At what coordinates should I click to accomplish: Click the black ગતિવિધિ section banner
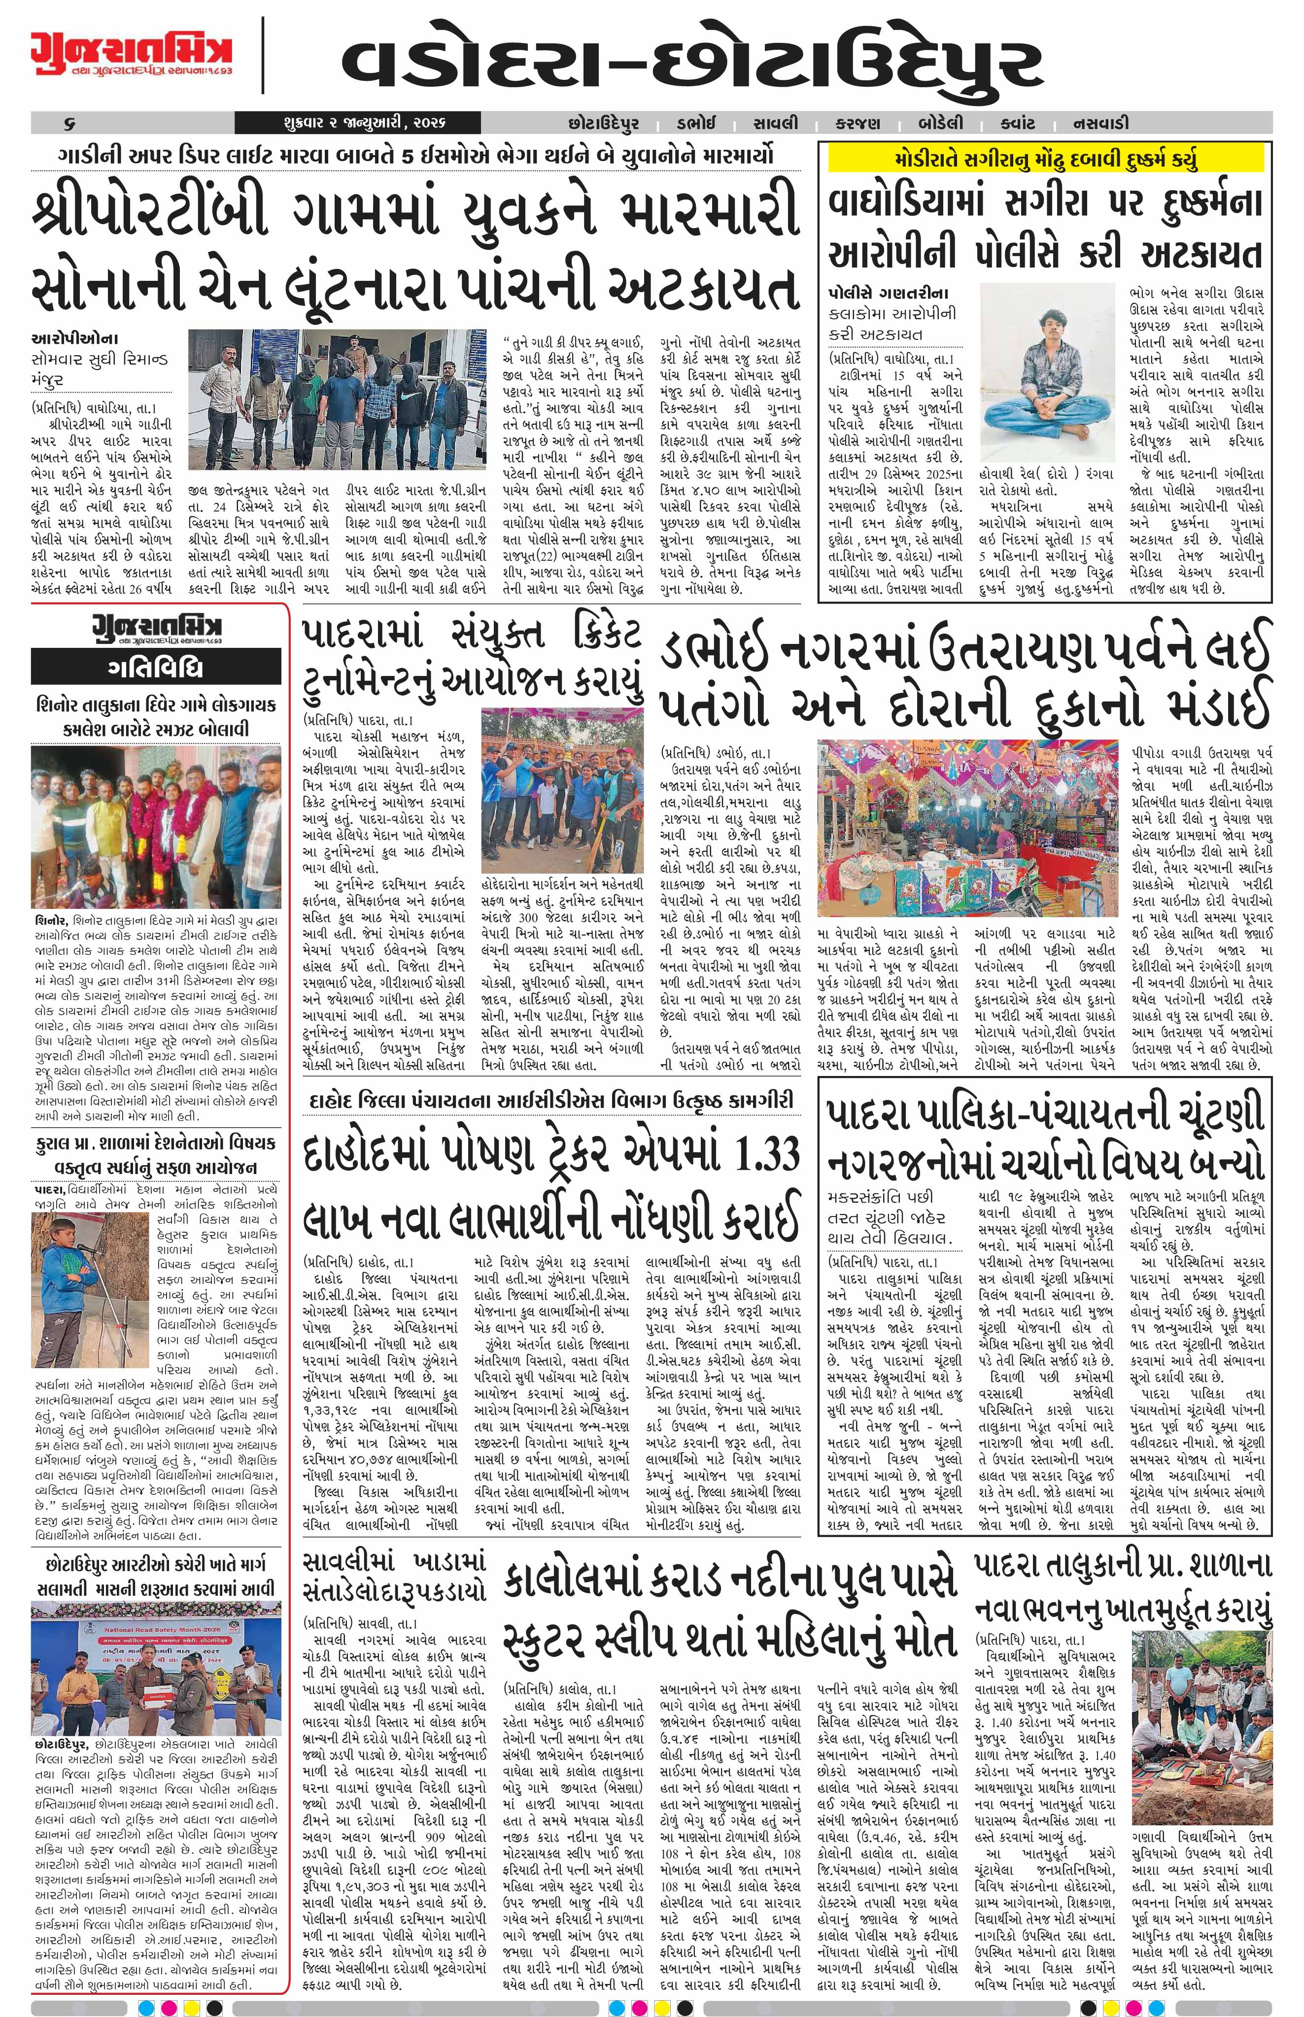(x=155, y=669)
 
